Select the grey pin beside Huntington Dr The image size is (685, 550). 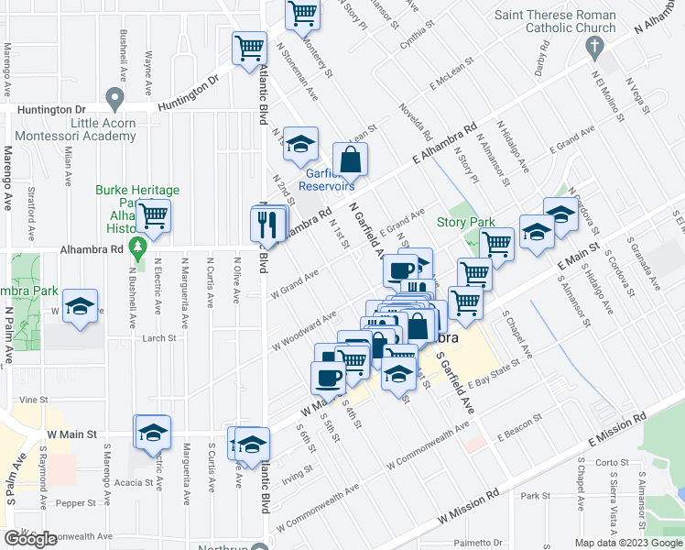click(x=114, y=97)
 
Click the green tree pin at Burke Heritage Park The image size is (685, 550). click(x=137, y=247)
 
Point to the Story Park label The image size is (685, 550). click(x=465, y=222)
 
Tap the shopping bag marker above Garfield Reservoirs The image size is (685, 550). click(x=349, y=159)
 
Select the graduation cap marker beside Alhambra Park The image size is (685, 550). click(x=81, y=306)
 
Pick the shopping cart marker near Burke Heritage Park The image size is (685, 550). click(x=154, y=216)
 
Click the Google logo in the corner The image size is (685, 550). click(x=31, y=538)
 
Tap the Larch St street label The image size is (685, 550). click(x=158, y=338)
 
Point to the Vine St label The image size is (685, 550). click(x=33, y=400)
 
